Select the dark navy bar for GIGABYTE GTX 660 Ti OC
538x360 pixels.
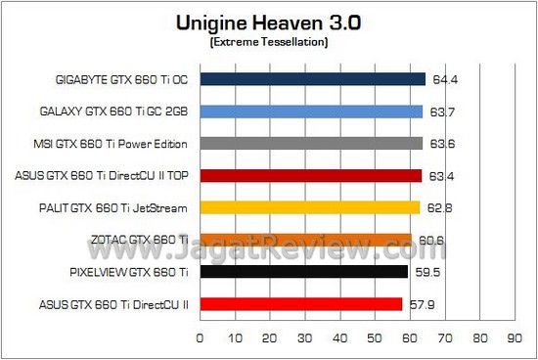(x=312, y=79)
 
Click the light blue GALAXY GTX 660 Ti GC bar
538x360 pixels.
(x=311, y=112)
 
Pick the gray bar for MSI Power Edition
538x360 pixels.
(x=311, y=144)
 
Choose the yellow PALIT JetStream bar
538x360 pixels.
(x=309, y=207)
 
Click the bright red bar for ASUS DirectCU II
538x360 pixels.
(x=300, y=304)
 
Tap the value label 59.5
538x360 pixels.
(x=426, y=273)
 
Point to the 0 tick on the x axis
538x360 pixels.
(x=200, y=338)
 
